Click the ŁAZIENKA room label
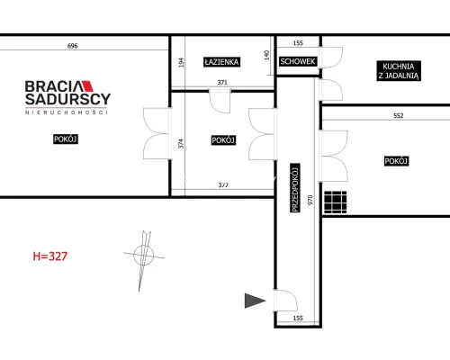[x=221, y=62]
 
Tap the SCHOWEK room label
[x=298, y=61]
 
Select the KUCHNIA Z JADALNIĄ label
[x=399, y=71]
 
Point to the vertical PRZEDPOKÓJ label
[x=295, y=188]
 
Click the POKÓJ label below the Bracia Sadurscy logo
[x=66, y=139]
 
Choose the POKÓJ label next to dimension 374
[x=223, y=140]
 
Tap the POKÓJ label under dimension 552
[x=396, y=161]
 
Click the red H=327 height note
[x=50, y=256]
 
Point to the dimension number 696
[x=72, y=46]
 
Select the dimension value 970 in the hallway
[x=310, y=200]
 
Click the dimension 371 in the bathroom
[x=222, y=83]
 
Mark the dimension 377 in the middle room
[x=223, y=185]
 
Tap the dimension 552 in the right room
[x=399, y=116]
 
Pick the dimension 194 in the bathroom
[x=181, y=62]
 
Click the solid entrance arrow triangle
[x=255, y=301]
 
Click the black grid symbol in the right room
[x=336, y=202]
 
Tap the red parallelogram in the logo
[x=87, y=86]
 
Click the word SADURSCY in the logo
[x=68, y=99]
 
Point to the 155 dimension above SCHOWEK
[x=298, y=43]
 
